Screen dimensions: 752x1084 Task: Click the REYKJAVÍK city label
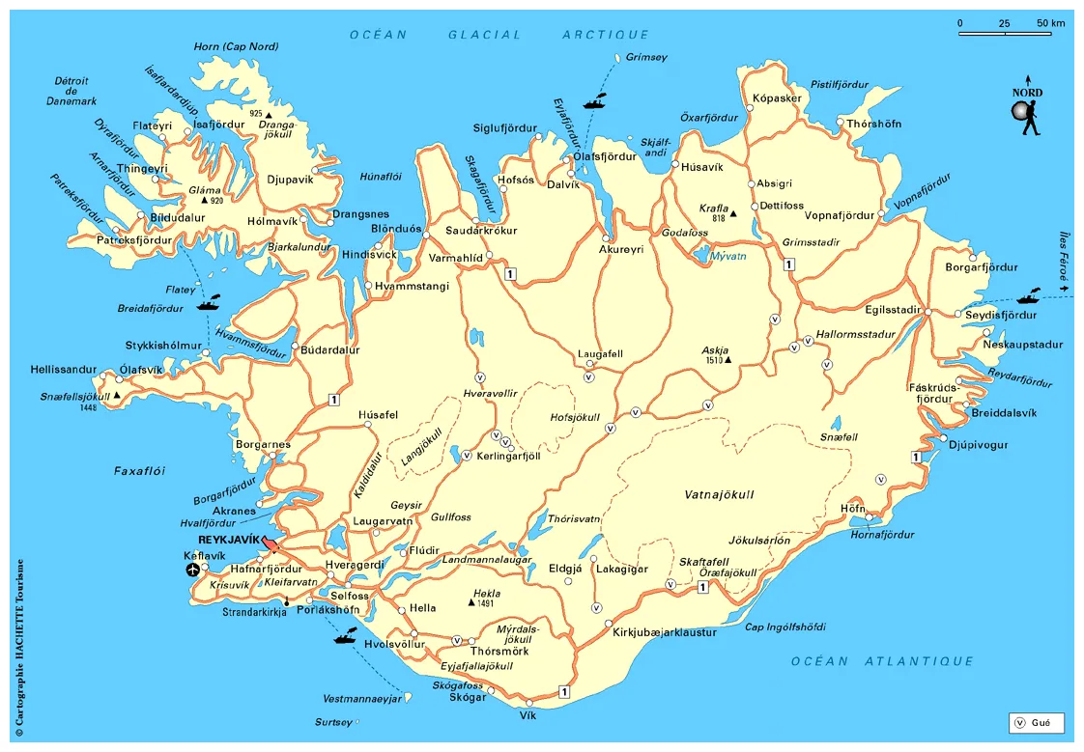pyautogui.click(x=228, y=539)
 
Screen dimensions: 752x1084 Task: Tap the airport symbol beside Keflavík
pyautogui.click(x=193, y=571)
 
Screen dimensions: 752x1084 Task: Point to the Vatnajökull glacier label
pyautogui.click(x=719, y=495)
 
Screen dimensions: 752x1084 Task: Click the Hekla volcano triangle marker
pyautogui.click(x=471, y=602)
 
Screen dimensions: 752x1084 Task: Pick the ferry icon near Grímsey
pyautogui.click(x=594, y=99)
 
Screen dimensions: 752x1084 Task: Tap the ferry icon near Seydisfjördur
pyautogui.click(x=1026, y=296)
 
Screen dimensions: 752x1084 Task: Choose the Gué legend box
pyautogui.click(x=1036, y=722)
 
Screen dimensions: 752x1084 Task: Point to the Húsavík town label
pyautogui.click(x=702, y=166)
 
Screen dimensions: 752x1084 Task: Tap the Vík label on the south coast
pyautogui.click(x=528, y=715)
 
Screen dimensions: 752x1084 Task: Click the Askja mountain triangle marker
pyautogui.click(x=728, y=361)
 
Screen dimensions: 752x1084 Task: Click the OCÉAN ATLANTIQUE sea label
pyautogui.click(x=882, y=661)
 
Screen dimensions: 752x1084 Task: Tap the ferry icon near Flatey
pyautogui.click(x=208, y=303)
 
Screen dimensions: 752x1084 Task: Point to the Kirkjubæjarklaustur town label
pyautogui.click(x=666, y=632)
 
